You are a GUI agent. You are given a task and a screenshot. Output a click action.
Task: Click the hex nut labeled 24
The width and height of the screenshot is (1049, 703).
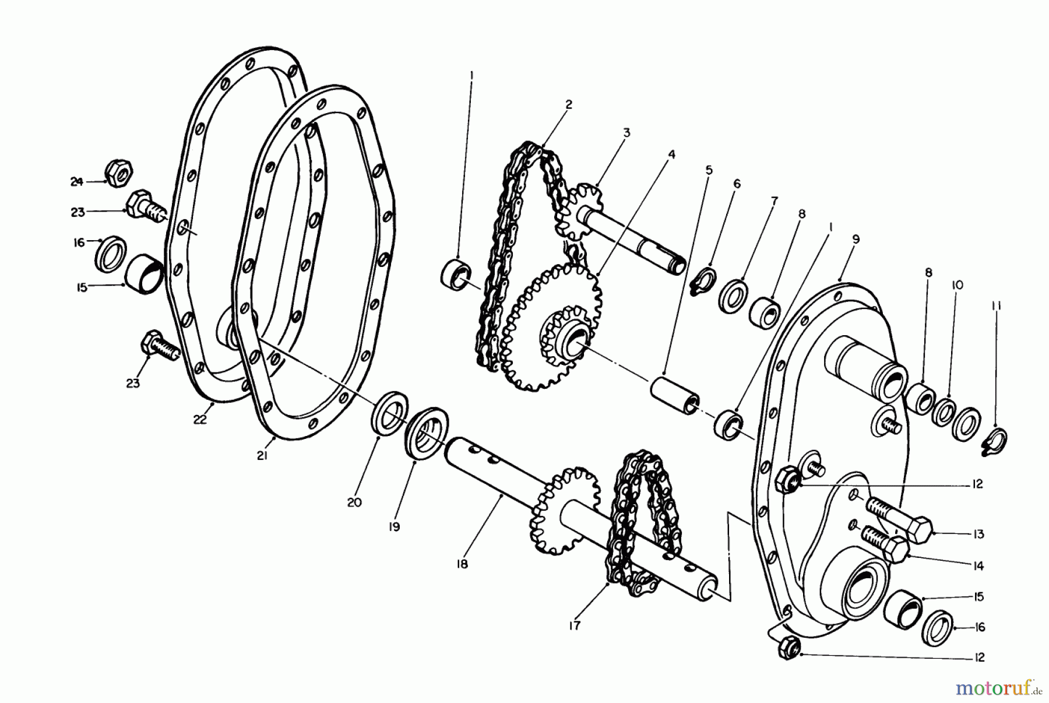coord(120,173)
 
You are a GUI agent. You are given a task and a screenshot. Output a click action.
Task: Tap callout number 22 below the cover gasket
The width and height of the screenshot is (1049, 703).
coord(200,419)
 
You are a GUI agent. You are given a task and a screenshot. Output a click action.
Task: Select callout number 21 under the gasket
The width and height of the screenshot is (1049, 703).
coord(262,456)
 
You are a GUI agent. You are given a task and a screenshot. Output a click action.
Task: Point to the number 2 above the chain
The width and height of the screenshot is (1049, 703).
coord(568,104)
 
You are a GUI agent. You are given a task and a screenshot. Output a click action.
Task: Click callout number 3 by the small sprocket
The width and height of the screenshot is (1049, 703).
coord(626,133)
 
